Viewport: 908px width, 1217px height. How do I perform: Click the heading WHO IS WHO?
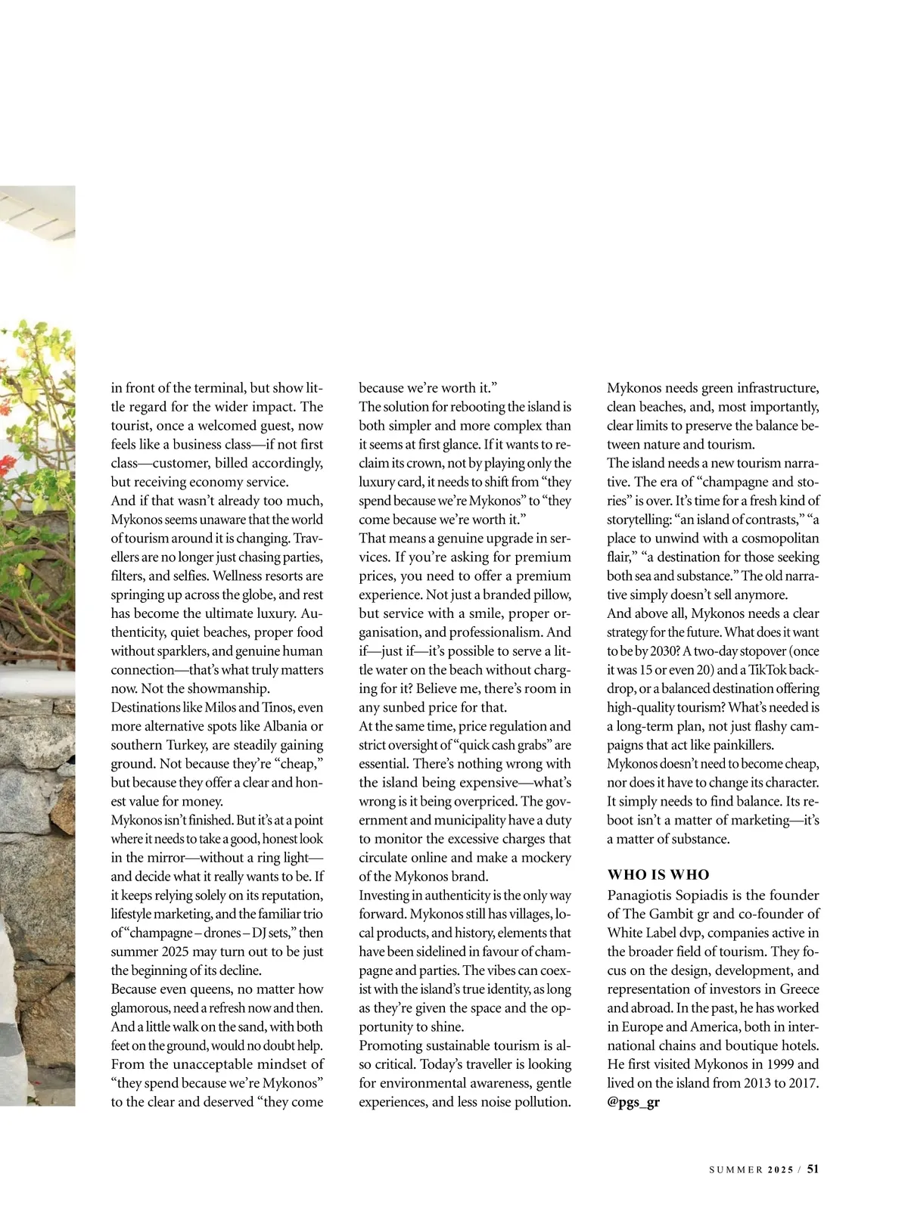pyautogui.click(x=658, y=874)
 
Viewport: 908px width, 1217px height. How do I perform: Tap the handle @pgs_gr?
pyautogui.click(x=633, y=1102)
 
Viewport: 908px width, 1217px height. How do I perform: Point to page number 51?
pyautogui.click(x=813, y=1169)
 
